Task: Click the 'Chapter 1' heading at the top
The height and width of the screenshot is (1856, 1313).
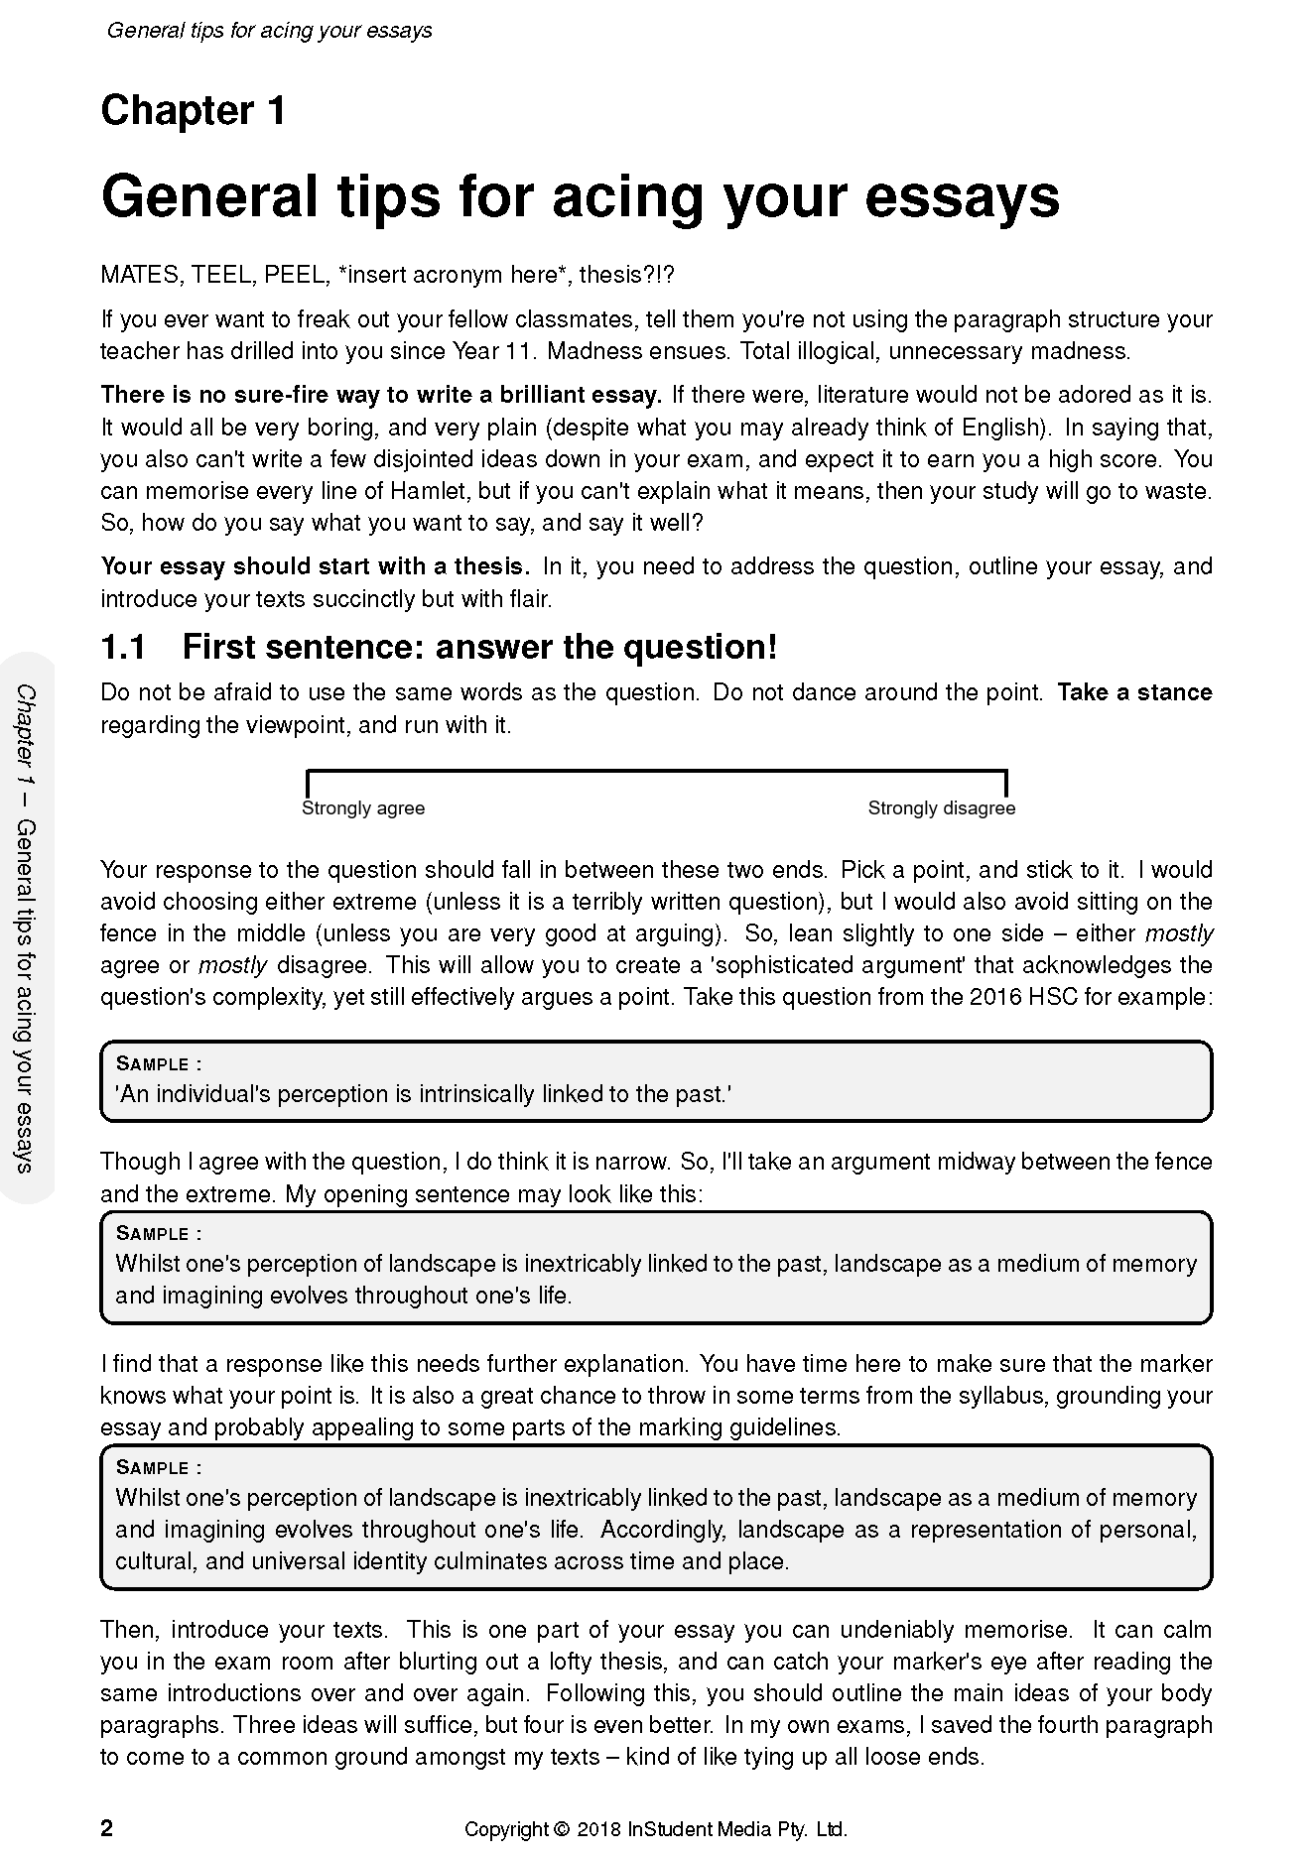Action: pos(194,111)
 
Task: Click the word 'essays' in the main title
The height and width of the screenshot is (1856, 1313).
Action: pos(962,196)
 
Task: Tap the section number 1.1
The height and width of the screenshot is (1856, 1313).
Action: pos(123,648)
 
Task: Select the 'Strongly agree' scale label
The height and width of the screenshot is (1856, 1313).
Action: pos(362,808)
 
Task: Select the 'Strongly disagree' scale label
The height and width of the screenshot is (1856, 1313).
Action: pos(941,808)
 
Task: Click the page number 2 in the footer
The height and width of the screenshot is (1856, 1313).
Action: pos(107,1828)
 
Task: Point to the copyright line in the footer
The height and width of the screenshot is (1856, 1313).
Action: pos(656,1829)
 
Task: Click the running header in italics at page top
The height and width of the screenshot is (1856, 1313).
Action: pos(269,31)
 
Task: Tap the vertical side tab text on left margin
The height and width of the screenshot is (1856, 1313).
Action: pos(27,928)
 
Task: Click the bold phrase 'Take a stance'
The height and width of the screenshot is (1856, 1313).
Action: pos(1134,692)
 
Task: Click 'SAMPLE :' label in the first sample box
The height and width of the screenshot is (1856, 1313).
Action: pos(159,1064)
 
